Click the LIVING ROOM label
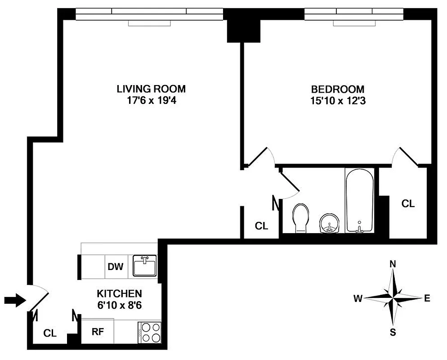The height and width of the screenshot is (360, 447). coord(151,89)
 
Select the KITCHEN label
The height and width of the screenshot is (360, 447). coord(120,294)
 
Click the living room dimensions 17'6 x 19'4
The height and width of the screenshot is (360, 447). coord(151,101)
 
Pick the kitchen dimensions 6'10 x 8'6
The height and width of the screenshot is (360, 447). coord(120,305)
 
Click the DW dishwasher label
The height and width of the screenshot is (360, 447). coord(116,266)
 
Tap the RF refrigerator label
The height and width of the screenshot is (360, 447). coord(98,332)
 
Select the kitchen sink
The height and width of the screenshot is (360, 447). coord(145,265)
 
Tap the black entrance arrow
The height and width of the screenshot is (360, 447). coord(14,301)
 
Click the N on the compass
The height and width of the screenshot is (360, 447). coord(393,264)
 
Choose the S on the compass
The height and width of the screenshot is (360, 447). coord(393,333)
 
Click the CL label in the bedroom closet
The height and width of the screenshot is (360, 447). coord(408,203)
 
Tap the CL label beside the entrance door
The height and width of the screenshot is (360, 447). coord(50,333)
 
